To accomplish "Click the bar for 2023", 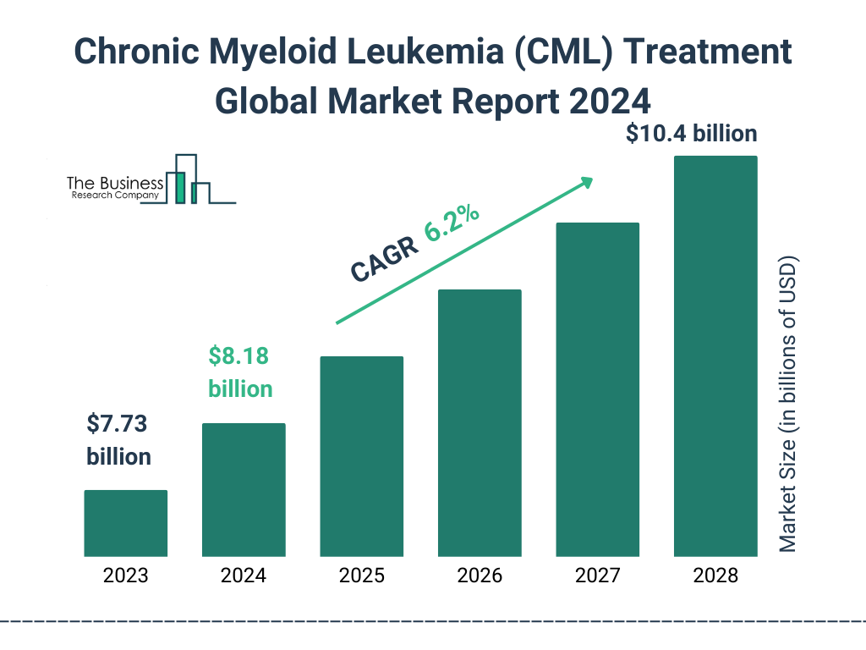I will [x=125, y=523].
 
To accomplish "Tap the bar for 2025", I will [x=361, y=456].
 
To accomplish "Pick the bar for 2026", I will [x=480, y=423].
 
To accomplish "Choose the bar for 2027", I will [x=597, y=389].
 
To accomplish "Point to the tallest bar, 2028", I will [x=715, y=356].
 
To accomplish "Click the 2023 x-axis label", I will [x=125, y=576].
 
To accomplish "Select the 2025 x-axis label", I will [x=361, y=576].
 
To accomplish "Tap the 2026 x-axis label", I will [x=480, y=576].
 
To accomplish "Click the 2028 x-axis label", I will [x=715, y=576].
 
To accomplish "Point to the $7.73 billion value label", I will [x=118, y=439].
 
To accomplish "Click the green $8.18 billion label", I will [x=240, y=372].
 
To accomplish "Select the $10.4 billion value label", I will [x=691, y=134].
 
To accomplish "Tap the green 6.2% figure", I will [x=452, y=224].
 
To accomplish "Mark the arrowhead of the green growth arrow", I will [x=585, y=182].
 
